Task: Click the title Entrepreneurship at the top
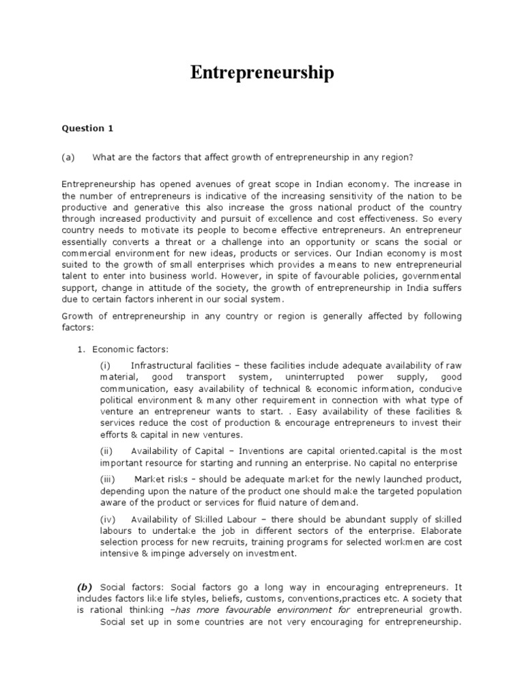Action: pos(262,74)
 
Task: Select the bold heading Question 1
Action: pos(83,128)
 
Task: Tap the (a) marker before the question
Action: pos(68,157)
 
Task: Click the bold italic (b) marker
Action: pos(85,586)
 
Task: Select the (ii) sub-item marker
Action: pos(108,451)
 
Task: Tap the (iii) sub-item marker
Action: pos(109,480)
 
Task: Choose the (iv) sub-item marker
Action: pos(109,520)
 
